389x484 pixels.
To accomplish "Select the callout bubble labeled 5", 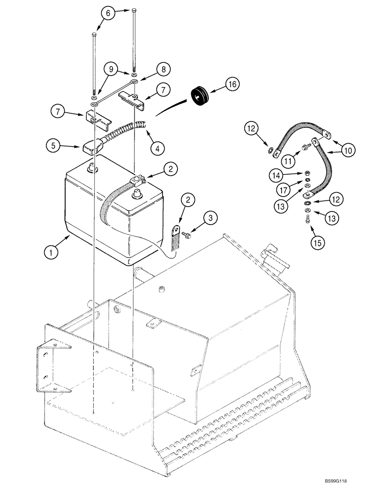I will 54,145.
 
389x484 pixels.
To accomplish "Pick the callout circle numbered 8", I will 163,69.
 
